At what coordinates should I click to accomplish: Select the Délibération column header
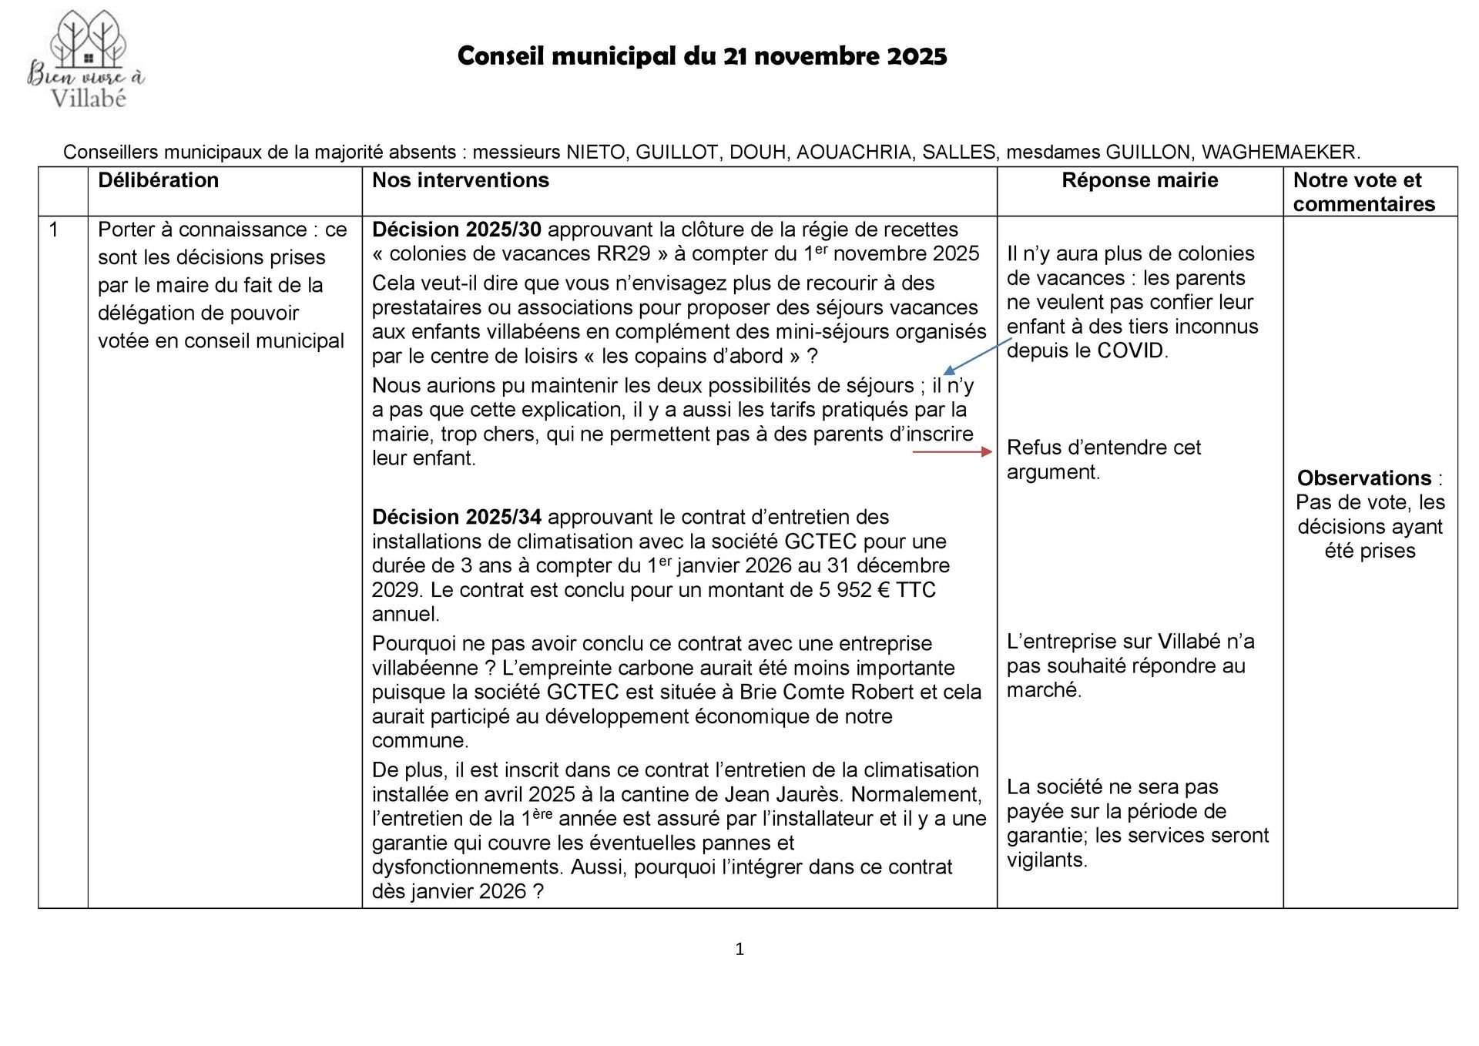point(158,180)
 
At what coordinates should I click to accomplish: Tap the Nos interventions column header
point(461,180)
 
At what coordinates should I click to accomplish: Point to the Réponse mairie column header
point(1139,180)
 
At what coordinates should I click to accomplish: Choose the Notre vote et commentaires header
point(1363,192)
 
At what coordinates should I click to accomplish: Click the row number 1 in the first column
point(54,230)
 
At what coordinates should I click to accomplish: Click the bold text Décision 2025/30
point(457,230)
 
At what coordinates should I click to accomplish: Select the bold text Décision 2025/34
point(457,517)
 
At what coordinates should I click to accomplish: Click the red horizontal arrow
point(952,452)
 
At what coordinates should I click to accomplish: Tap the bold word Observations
point(1363,478)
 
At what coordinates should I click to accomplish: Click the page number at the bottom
point(739,950)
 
